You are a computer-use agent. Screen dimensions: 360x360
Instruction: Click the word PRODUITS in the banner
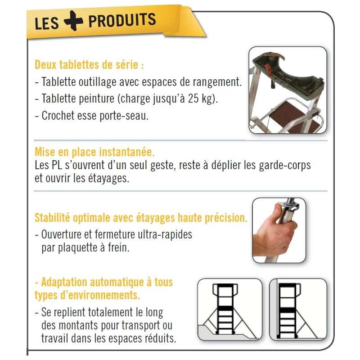(x=122, y=20)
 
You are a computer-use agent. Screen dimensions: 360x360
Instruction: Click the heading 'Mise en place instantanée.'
(x=98, y=152)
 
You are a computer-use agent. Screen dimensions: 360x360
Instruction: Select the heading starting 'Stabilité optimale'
(x=141, y=218)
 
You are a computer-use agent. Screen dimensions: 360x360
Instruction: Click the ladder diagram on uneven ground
(x=229, y=310)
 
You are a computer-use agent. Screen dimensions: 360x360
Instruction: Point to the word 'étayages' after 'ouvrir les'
(x=108, y=178)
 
